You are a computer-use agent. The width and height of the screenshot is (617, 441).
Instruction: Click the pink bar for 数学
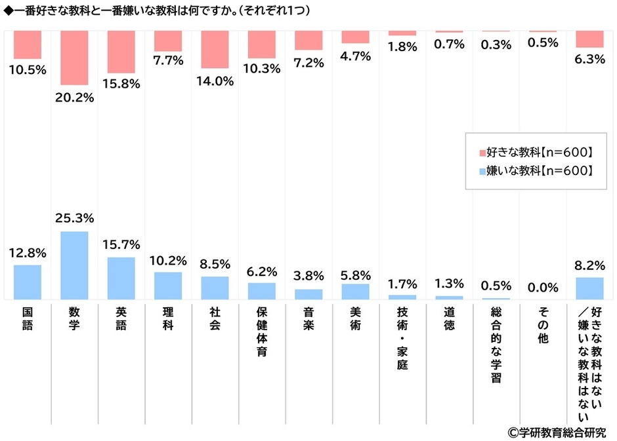[74, 58]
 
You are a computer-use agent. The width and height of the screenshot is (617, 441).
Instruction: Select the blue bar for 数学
[74, 265]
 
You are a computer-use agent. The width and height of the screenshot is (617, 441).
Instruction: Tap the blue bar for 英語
[121, 278]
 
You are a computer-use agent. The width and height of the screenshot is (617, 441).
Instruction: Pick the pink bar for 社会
[215, 49]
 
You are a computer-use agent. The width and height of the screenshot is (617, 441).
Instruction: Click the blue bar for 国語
[28, 282]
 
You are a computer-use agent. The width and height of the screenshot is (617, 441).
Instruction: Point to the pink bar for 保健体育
[262, 44]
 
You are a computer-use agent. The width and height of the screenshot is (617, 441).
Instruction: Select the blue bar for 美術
[355, 291]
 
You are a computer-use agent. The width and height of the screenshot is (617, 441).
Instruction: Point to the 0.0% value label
[542, 287]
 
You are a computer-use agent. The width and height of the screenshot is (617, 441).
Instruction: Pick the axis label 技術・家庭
[402, 339]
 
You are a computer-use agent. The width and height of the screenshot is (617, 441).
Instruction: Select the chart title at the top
[158, 11]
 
